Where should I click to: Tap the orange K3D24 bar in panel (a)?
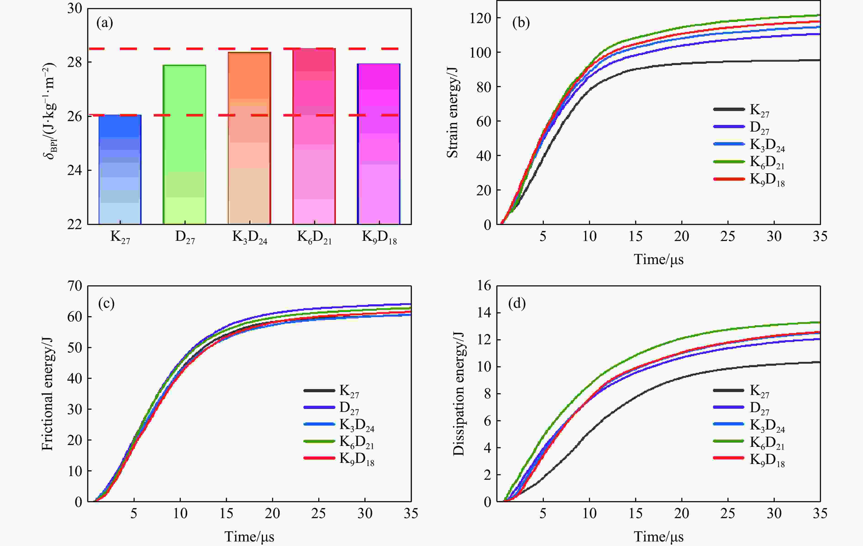pos(250,138)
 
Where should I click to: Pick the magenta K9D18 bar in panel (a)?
pos(379,144)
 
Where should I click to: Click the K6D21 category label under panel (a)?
pos(314,237)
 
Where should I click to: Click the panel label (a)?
pos(105,23)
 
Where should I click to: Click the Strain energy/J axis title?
pos(453,112)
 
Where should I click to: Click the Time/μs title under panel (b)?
pos(658,259)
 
